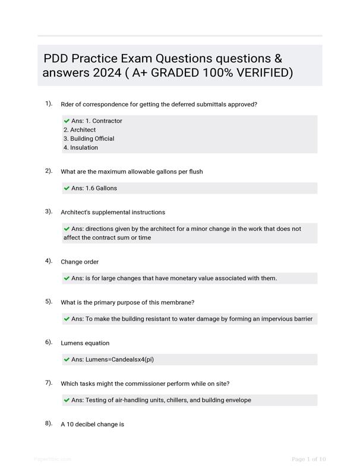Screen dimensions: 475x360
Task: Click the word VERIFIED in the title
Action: (255, 73)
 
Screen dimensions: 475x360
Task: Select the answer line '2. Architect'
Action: (80, 129)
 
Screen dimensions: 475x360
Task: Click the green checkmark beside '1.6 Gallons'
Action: (67, 188)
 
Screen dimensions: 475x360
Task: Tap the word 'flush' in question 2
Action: (194, 172)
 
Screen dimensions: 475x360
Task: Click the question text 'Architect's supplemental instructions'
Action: (113, 212)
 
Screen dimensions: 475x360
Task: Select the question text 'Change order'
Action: (80, 262)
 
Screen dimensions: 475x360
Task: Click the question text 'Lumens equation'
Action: (85, 343)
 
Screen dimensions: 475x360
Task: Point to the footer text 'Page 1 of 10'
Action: (309, 459)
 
